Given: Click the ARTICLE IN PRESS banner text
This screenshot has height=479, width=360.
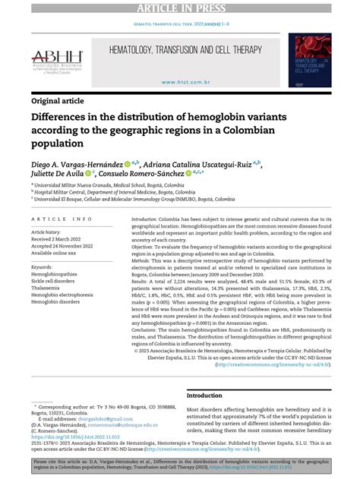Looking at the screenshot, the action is tap(180, 7).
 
